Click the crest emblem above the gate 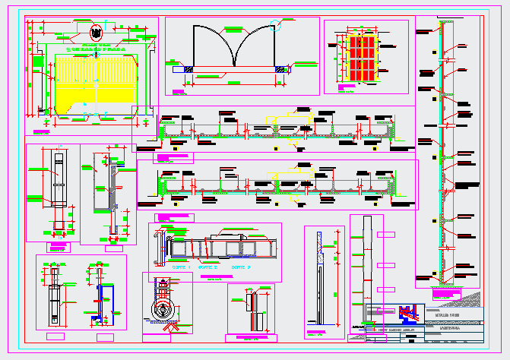(97, 33)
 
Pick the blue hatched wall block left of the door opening (187, 70)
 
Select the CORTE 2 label (207, 267)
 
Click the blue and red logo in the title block (409, 312)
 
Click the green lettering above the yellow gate (97, 48)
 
